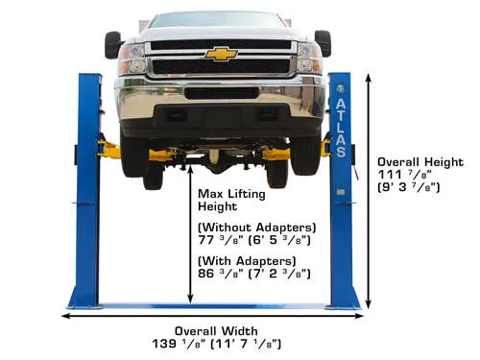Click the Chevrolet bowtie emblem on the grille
(221, 54)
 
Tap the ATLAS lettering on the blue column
(341, 128)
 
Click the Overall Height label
(420, 162)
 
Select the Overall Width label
(216, 331)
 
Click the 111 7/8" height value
(405, 175)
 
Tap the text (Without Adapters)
(257, 228)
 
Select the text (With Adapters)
(247, 261)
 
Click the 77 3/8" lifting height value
(221, 240)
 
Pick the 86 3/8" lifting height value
(221, 274)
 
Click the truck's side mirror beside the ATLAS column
(323, 43)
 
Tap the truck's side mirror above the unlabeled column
(113, 45)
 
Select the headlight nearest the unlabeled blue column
(132, 59)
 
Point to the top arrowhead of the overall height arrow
(369, 77)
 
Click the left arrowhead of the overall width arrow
(65, 316)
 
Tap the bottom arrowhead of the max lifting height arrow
(190, 300)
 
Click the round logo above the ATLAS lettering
(340, 88)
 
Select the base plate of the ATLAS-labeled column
(343, 307)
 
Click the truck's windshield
(217, 20)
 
